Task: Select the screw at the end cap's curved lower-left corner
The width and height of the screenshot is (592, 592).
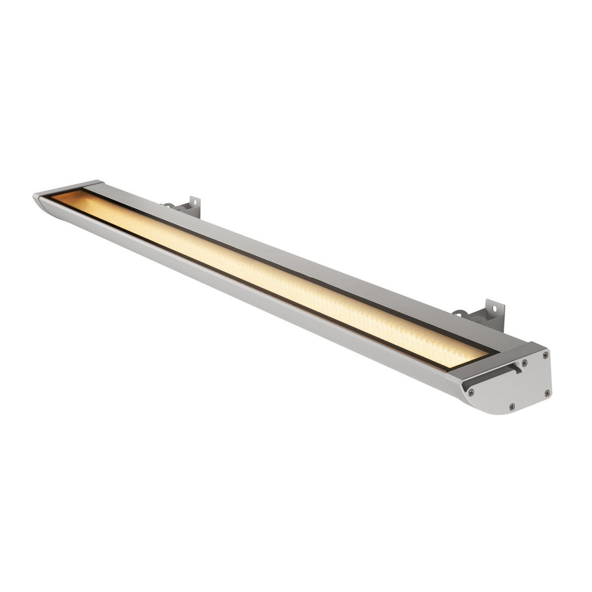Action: click(x=472, y=392)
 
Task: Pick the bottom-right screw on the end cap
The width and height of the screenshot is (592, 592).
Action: click(x=548, y=393)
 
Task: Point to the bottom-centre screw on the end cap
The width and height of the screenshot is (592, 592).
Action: click(x=512, y=406)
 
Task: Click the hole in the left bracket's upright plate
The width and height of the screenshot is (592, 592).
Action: click(x=193, y=203)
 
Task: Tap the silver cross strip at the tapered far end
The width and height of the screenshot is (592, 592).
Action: click(x=69, y=186)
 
